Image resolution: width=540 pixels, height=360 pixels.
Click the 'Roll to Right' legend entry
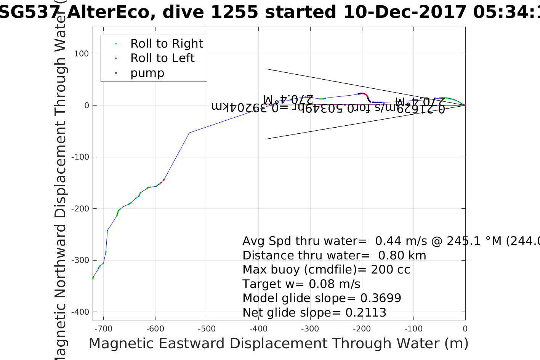point(167,44)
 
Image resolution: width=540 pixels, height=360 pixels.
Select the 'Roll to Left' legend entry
point(162,58)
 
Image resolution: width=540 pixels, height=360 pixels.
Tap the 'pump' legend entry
point(147,73)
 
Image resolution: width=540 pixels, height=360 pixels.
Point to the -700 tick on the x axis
point(103,329)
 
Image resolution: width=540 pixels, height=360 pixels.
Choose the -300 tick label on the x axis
point(310,329)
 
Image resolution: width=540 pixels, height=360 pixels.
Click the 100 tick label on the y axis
point(81,54)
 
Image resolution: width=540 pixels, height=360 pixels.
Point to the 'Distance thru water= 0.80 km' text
point(334,256)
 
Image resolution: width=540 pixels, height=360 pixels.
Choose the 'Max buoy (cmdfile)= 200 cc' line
point(326,270)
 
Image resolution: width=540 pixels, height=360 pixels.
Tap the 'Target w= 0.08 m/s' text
point(301,284)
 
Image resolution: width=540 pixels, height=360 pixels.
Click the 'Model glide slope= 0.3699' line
point(322,298)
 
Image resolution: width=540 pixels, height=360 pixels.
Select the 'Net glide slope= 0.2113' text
point(314,313)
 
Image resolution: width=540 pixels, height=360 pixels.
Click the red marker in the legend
point(116,59)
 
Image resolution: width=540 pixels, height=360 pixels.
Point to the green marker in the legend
point(116,44)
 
